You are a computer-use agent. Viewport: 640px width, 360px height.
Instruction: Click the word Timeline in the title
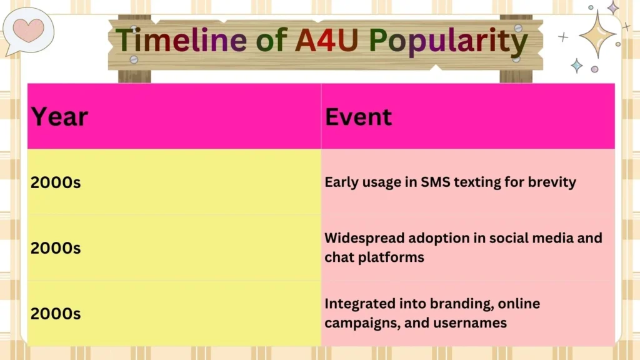coord(180,41)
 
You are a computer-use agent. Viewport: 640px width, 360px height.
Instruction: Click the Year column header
coord(59,117)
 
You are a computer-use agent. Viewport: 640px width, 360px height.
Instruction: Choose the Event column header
coord(358,117)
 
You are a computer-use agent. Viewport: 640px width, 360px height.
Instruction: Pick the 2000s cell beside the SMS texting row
coord(56,183)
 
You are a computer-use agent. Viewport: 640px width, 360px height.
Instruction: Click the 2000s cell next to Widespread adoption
coord(56,247)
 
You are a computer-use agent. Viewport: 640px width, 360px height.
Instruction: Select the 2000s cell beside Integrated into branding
coord(56,313)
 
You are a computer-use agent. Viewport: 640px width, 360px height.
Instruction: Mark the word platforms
coord(391,257)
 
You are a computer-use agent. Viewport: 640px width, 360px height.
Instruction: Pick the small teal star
coord(576,66)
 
